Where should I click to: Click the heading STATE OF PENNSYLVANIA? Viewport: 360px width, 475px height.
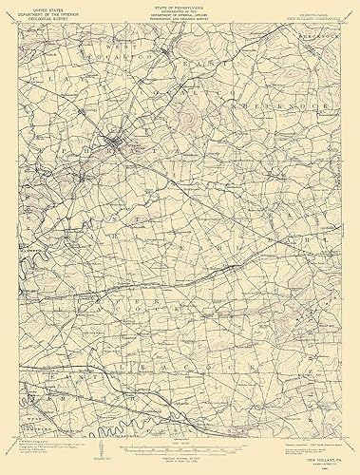tap(180, 7)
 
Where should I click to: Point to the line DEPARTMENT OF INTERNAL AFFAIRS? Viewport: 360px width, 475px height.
tap(180, 16)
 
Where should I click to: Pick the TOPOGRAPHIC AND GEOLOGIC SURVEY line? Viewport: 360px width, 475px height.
tap(180, 22)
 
